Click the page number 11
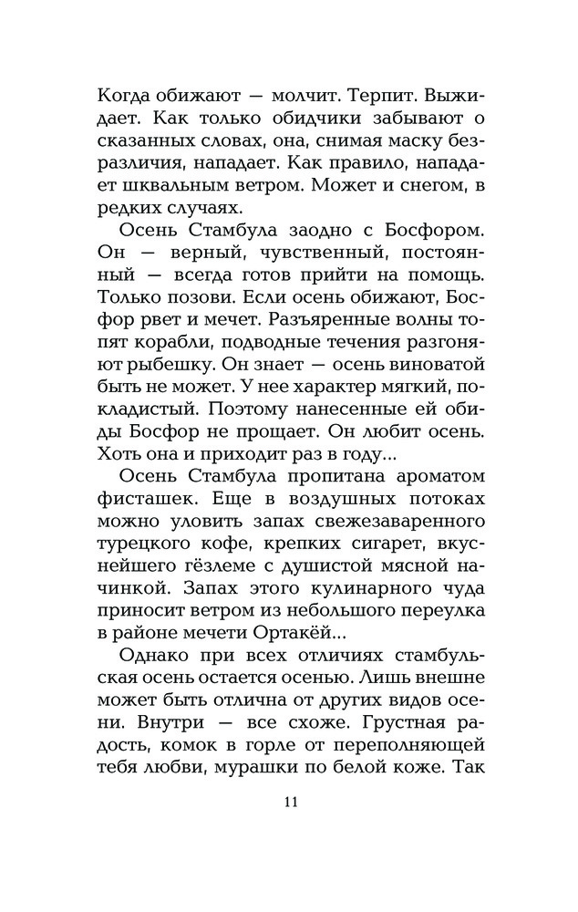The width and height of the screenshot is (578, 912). click(291, 803)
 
